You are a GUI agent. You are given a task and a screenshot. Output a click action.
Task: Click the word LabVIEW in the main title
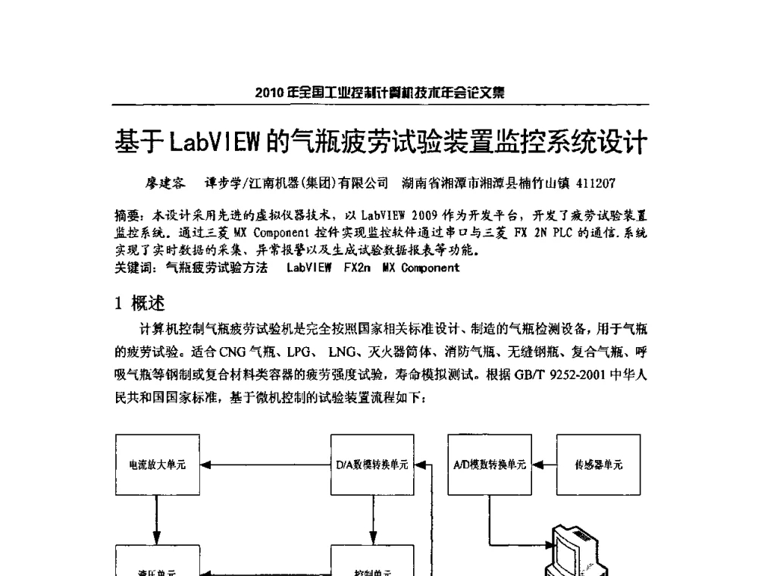pyautogui.click(x=214, y=141)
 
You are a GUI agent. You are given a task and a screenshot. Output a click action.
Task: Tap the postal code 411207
pyautogui.click(x=596, y=183)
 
